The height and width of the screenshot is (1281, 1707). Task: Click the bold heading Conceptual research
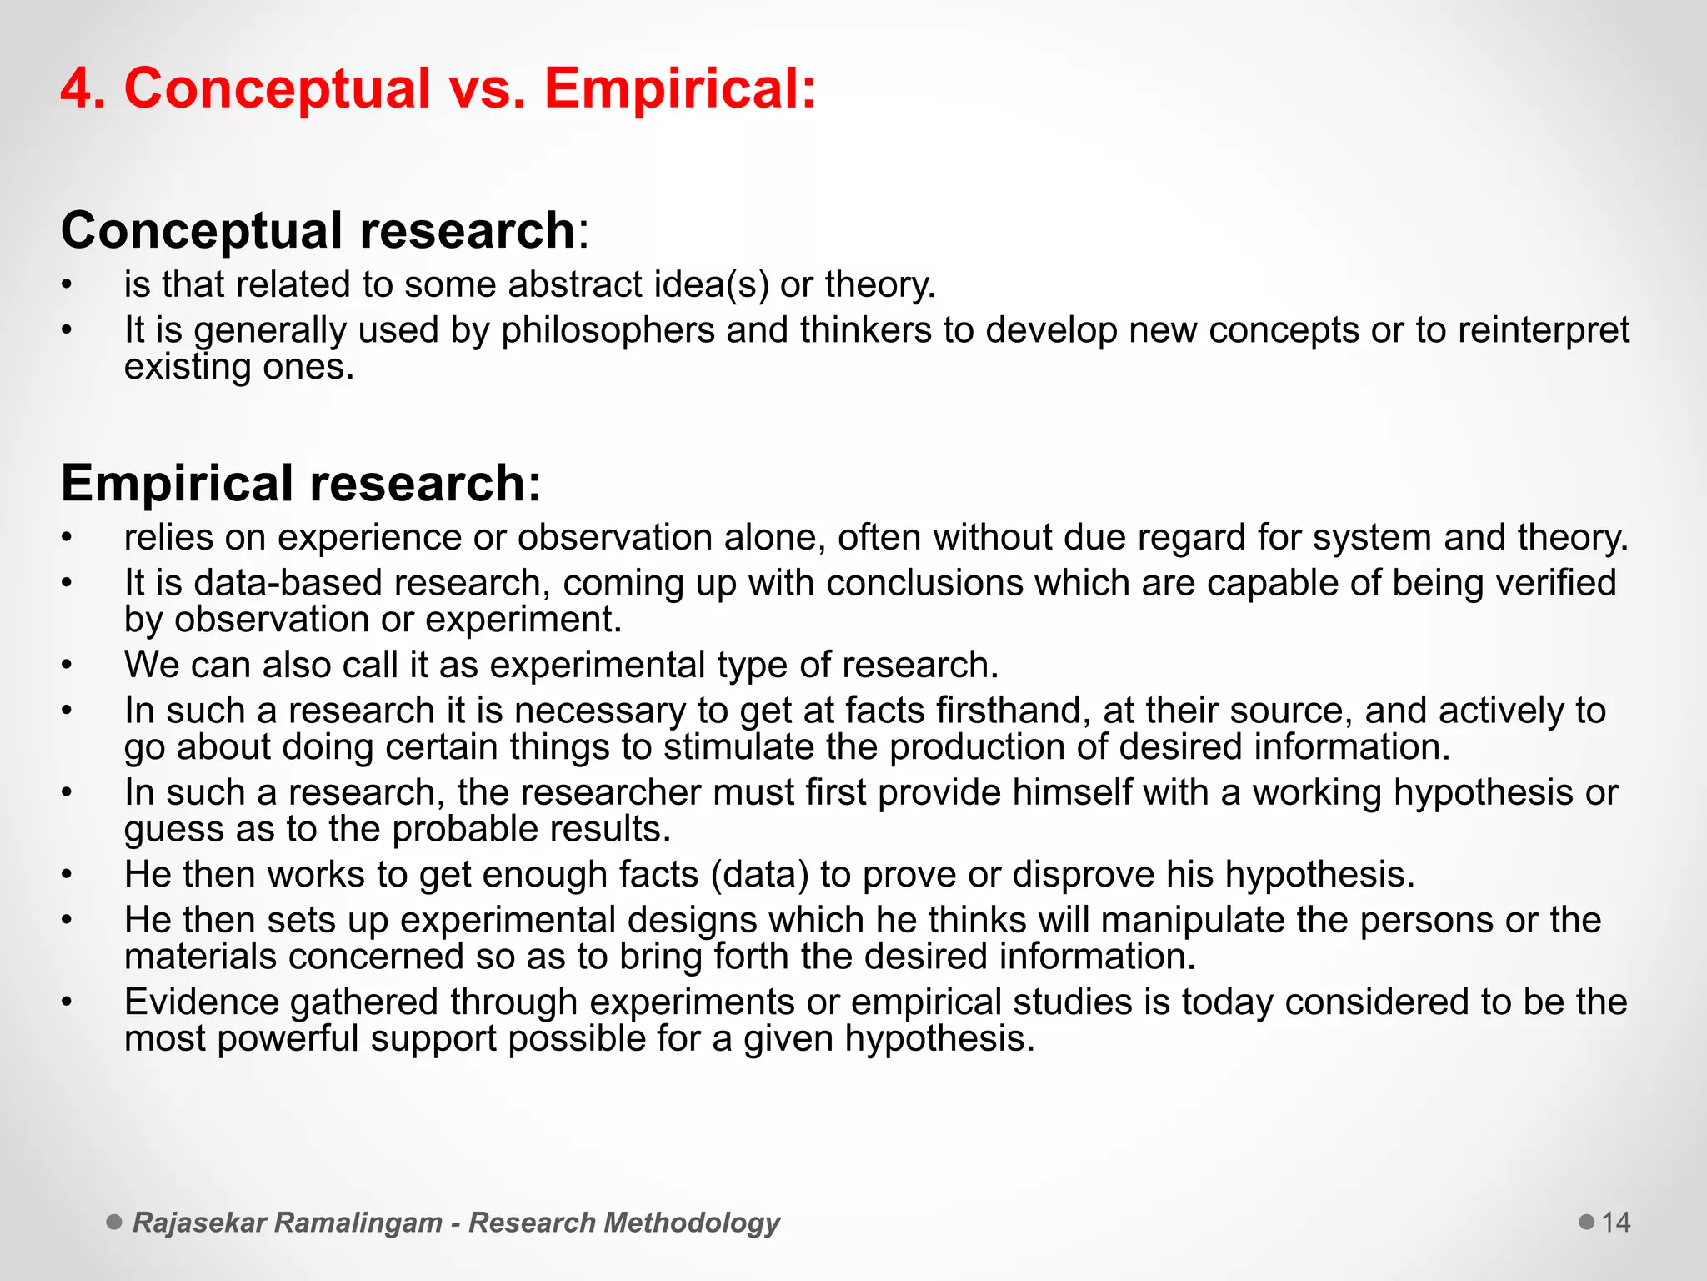[x=318, y=230]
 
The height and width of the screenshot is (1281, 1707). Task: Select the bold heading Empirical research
[x=301, y=483]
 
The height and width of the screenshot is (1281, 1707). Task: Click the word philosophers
[x=608, y=330]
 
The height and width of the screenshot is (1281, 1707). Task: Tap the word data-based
[x=288, y=583]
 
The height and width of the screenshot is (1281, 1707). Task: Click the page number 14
[x=1616, y=1223]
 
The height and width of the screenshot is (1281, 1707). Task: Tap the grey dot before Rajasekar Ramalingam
[x=114, y=1223]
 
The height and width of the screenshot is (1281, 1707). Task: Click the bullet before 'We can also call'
[x=68, y=666]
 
